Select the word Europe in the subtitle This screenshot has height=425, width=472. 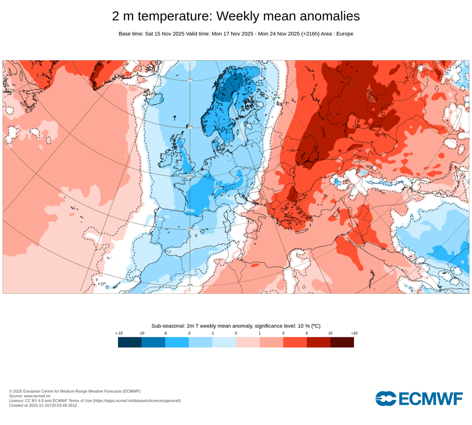coord(344,34)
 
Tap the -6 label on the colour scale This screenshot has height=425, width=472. coord(165,333)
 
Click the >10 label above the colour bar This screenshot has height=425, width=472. coord(354,333)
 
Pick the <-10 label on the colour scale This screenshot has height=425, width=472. coord(118,333)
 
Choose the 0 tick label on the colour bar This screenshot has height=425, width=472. coord(236,333)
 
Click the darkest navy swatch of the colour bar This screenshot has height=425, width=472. coord(130,342)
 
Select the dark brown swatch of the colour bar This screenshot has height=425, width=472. coord(342,342)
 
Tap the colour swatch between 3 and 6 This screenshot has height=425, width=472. coord(295,342)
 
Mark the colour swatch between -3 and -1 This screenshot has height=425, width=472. coord(201,342)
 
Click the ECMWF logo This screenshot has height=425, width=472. coord(419,398)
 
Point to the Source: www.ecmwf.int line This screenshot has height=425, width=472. coord(30,396)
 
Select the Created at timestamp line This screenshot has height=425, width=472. coord(43,405)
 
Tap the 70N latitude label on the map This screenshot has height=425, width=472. coord(190,80)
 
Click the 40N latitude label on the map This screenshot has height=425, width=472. coord(190,229)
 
